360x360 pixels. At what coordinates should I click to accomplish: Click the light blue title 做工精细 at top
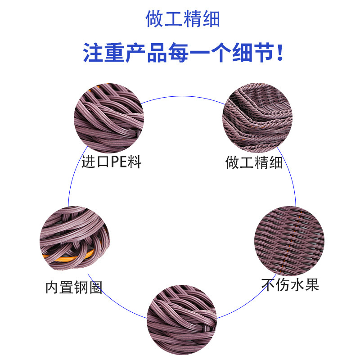[x=183, y=19]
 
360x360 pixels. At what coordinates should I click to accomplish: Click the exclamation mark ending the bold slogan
[x=281, y=54]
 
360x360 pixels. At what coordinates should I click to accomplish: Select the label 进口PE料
[x=111, y=162]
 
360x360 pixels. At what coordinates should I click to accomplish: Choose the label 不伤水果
[x=290, y=284]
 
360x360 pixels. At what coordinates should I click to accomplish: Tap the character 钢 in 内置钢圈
[x=81, y=287]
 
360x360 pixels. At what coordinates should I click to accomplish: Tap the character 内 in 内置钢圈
[x=52, y=287]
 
